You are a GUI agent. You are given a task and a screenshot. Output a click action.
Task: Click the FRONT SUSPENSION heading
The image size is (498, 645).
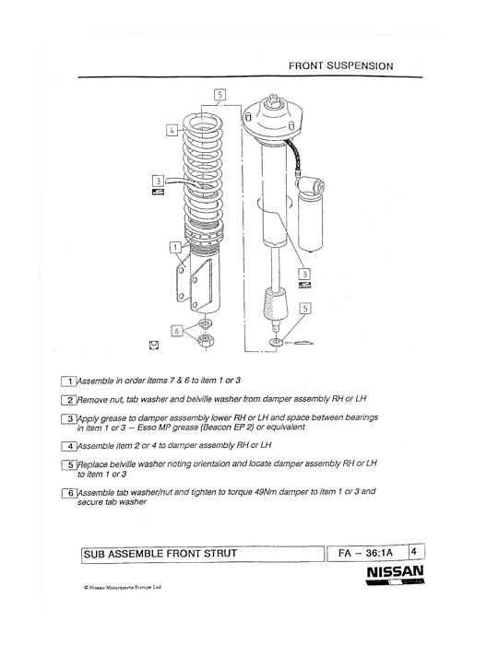pyautogui.click(x=341, y=65)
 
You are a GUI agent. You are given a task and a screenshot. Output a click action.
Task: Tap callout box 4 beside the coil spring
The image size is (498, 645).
pyautogui.click(x=172, y=130)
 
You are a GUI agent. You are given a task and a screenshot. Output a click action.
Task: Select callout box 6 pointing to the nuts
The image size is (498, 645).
pyautogui.click(x=177, y=330)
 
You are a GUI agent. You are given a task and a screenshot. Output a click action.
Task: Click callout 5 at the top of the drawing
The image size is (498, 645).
pyautogui.click(x=219, y=95)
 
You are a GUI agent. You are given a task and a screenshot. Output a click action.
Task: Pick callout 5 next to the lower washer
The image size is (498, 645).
pyautogui.click(x=304, y=308)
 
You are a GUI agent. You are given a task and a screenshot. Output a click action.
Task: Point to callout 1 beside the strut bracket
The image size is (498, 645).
pyautogui.click(x=175, y=247)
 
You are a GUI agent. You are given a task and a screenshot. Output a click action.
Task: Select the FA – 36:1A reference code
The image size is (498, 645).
pyautogui.click(x=365, y=553)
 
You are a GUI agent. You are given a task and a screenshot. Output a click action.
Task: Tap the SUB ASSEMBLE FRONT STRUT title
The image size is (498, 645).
pyautogui.click(x=160, y=554)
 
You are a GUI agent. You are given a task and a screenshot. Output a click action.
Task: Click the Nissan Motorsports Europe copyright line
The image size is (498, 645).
pyautogui.click(x=123, y=587)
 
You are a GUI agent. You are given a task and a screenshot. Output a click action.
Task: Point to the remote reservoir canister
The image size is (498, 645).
pyautogui.click(x=311, y=213)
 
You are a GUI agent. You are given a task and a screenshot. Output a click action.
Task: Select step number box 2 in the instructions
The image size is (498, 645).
pyautogui.click(x=69, y=400)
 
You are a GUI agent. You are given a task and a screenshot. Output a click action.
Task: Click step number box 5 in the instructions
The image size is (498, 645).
pyautogui.click(x=69, y=464)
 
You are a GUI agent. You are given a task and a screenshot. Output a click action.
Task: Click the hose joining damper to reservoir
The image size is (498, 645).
pyautogui.click(x=294, y=155)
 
